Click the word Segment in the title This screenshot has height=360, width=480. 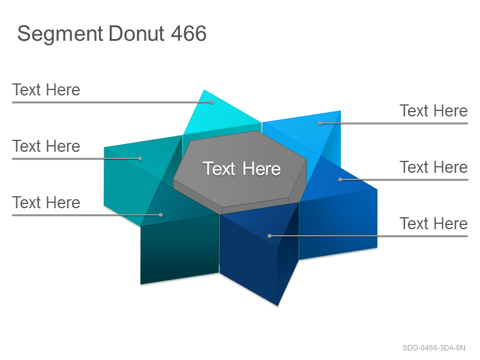(60, 34)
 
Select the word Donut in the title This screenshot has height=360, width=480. (137, 33)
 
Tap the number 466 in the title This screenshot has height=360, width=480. (188, 33)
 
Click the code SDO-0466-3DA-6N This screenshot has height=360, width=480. (434, 348)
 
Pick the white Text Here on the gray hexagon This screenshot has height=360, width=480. (242, 169)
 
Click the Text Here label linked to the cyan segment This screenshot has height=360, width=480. (46, 89)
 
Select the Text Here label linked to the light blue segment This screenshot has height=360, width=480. (434, 110)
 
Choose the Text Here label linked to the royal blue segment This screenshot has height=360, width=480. (434, 167)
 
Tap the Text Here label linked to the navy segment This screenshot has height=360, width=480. (434, 223)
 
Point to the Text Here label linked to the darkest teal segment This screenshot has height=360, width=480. (46, 202)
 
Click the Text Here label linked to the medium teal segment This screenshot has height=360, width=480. (46, 146)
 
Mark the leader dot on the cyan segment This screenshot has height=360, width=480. (212, 103)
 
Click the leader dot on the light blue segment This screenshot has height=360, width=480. (320, 124)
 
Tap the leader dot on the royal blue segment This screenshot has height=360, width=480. (340, 179)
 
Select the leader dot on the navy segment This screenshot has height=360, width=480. (269, 236)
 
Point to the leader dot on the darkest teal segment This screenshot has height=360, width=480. (161, 215)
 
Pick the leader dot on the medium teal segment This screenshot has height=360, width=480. (140, 158)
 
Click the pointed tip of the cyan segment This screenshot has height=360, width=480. (204, 89)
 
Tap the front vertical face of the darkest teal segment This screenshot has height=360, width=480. (179, 250)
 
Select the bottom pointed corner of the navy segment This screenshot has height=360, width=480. (278, 305)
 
